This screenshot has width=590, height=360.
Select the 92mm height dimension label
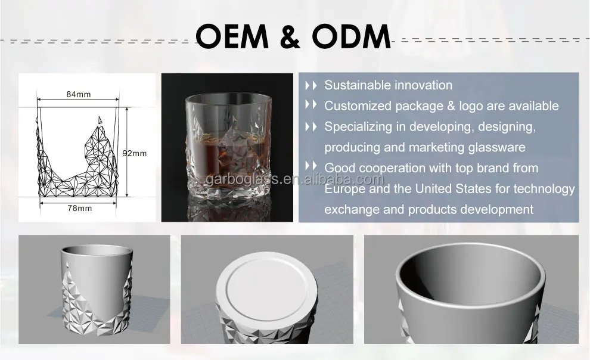pos(134,153)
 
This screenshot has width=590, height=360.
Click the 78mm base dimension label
pos(79,208)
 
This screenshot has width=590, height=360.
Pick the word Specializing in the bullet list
pos(362,127)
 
